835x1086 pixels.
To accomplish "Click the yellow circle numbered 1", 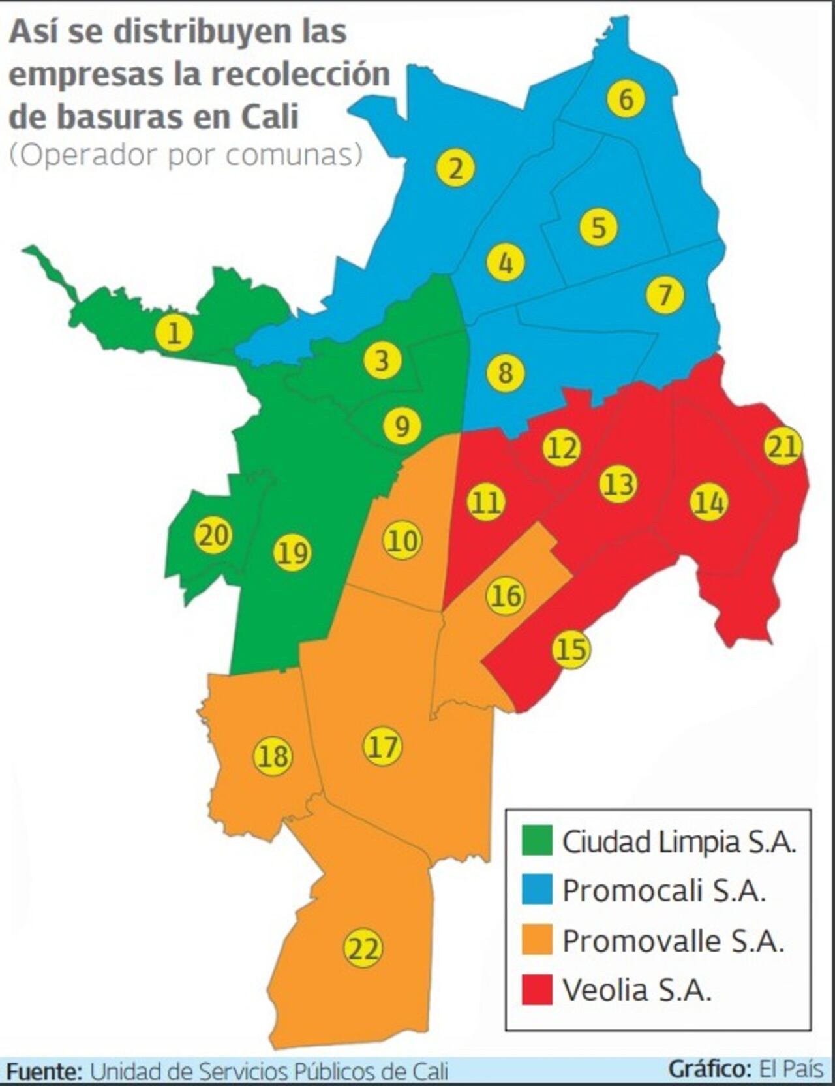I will [174, 334].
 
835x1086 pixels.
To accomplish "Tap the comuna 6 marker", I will [626, 99].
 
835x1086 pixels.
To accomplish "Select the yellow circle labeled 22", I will [363, 948].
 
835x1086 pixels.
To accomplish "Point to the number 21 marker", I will [783, 446].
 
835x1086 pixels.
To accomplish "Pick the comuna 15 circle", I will [571, 649].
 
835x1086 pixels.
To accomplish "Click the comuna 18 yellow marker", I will [273, 756].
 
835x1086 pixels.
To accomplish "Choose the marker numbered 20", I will [213, 535].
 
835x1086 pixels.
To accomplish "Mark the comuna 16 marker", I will [506, 595].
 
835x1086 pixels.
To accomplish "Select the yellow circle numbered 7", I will [665, 294].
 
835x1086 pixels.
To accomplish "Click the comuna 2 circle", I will [455, 168].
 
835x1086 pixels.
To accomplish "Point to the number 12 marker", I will [562, 448].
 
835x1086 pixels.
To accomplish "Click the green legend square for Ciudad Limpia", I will [537, 841].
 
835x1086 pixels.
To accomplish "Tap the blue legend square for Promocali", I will [537, 890].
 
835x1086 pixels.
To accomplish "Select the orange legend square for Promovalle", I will [537, 940].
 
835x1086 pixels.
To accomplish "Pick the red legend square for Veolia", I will [537, 989].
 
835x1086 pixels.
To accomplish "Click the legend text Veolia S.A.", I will [636, 990].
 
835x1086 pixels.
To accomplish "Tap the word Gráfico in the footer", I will [708, 1069].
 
